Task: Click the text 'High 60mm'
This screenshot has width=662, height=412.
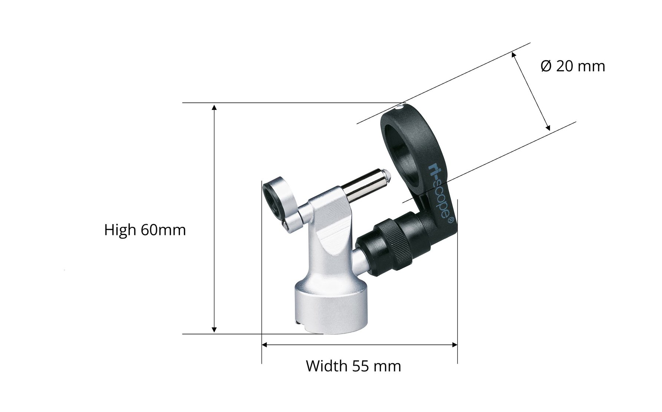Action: (x=145, y=230)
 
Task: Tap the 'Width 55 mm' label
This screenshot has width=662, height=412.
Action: (x=353, y=366)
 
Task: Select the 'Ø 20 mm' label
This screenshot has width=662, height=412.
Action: (x=573, y=66)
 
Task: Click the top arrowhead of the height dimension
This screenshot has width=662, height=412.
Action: (x=214, y=107)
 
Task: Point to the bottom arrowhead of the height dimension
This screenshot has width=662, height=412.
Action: (x=214, y=330)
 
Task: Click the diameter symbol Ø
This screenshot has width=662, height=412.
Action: (x=546, y=66)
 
